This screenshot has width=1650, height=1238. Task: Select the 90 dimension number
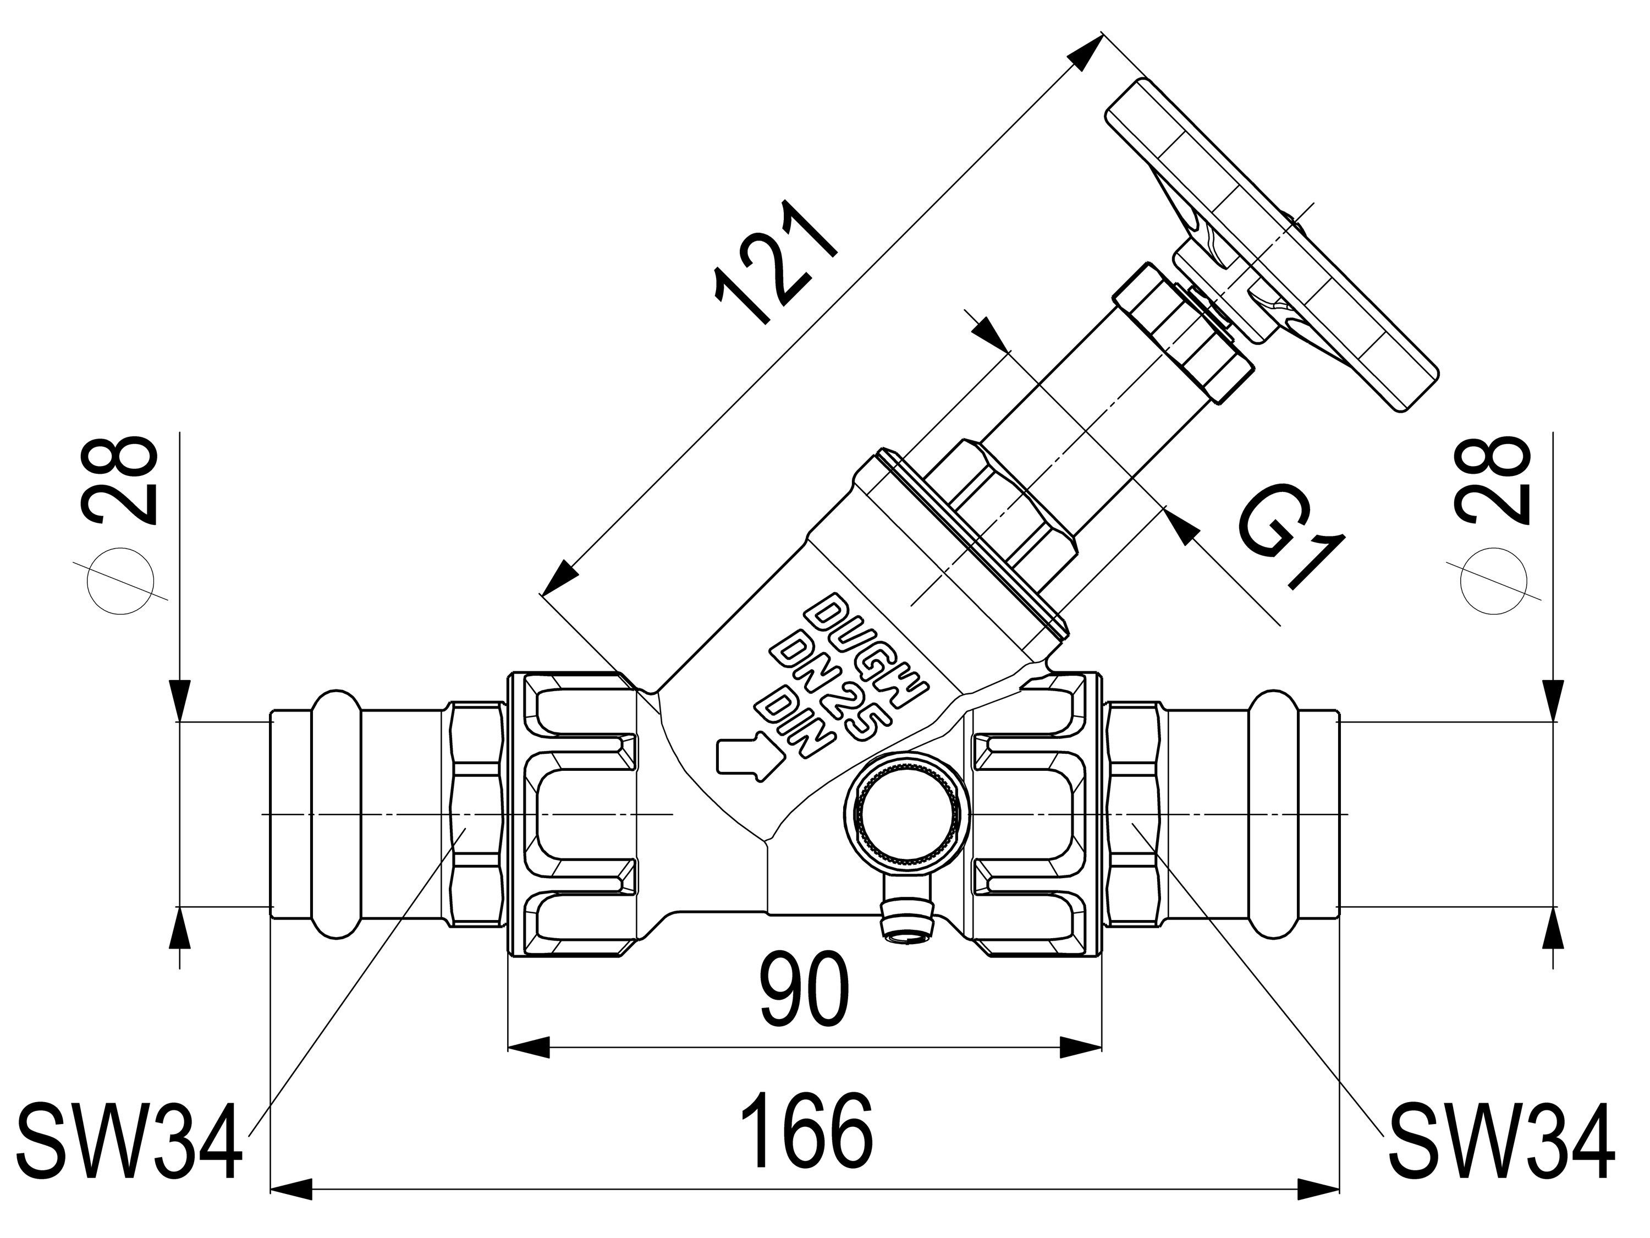coord(806,989)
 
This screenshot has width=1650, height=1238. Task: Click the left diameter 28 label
coord(121,481)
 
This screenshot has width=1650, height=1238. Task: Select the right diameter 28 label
coord(1491,481)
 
